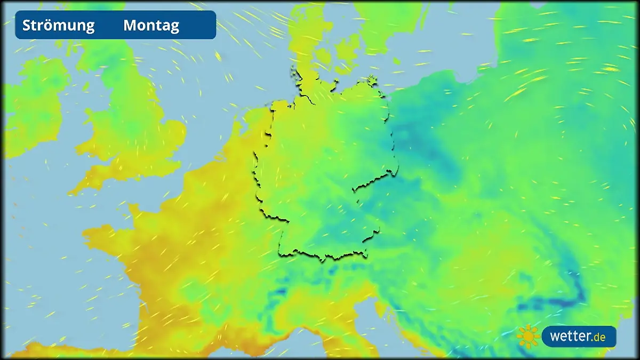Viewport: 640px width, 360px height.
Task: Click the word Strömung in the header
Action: point(59,25)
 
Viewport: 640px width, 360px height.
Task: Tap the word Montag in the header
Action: point(151,25)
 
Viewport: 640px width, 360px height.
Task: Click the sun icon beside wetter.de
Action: point(528,337)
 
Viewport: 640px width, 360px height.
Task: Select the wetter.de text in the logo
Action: point(578,337)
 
